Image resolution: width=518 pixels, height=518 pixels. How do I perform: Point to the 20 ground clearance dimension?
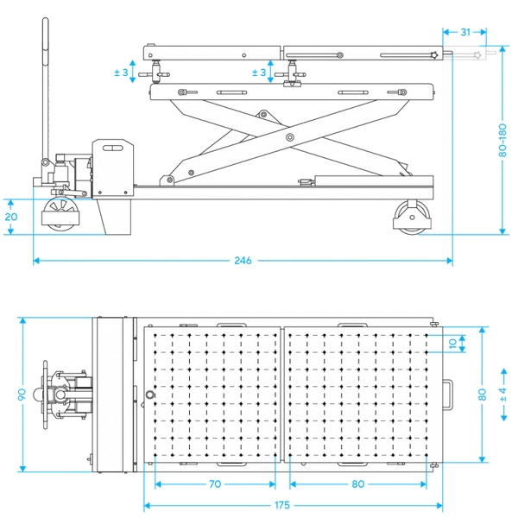click(11, 217)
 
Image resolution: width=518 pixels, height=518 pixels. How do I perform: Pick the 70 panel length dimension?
click(214, 484)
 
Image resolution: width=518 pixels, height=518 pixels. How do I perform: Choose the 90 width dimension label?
click(9, 395)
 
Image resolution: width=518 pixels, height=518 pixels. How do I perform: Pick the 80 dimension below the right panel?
click(357, 484)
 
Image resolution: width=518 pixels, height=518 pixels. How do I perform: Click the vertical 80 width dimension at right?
click(482, 395)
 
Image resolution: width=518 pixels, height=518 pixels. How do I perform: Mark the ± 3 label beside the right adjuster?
click(259, 73)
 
